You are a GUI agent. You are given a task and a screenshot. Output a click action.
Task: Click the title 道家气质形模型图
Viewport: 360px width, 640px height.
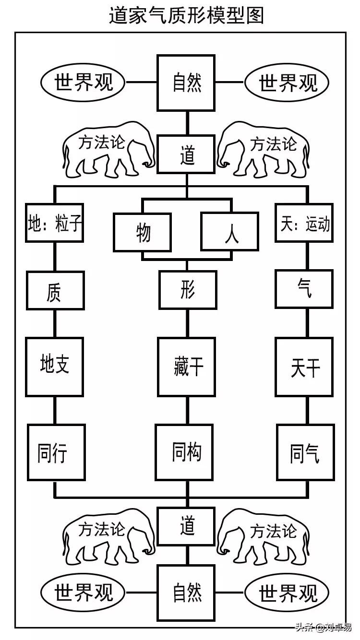coord(186,16)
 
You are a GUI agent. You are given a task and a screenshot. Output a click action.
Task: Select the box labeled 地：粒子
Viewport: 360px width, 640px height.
coord(55,223)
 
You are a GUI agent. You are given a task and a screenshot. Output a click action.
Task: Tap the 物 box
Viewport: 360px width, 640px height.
coord(143,232)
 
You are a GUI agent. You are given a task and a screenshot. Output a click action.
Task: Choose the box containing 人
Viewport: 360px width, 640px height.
coord(230,232)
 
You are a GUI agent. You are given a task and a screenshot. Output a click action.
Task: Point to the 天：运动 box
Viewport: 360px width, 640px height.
coord(304,223)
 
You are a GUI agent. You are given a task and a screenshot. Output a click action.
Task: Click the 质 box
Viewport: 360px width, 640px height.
coord(55,291)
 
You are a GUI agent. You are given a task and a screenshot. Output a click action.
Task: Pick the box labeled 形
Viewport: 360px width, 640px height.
coord(188,290)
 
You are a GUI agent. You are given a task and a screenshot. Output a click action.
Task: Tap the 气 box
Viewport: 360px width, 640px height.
coord(304,289)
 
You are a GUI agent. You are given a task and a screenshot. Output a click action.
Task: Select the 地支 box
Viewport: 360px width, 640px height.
coord(55,367)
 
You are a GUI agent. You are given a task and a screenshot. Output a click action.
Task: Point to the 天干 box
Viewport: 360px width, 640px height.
coord(304,367)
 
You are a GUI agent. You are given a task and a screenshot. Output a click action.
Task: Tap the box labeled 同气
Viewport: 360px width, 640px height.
coord(305,452)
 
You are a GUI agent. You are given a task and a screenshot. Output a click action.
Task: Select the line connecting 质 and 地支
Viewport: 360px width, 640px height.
coord(55,324)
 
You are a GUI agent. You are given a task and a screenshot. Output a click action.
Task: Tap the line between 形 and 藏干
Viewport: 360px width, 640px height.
coord(187,323)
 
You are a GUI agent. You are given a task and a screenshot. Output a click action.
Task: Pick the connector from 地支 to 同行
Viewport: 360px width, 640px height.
coord(55,411)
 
